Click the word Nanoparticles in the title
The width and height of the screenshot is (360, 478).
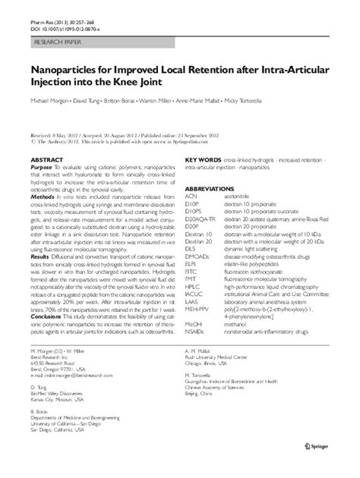click(68, 68)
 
